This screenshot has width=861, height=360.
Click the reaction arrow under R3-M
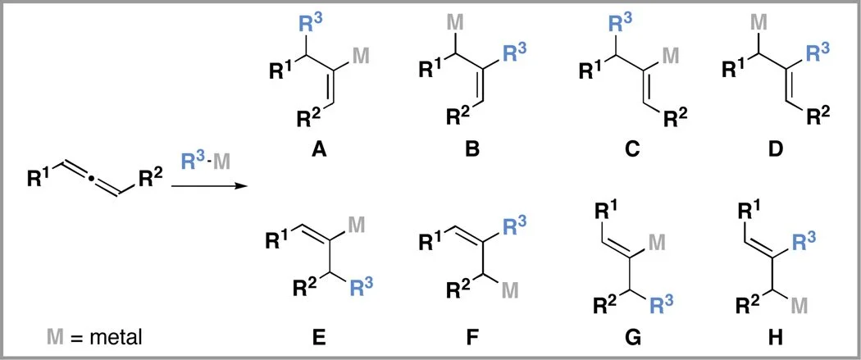click(x=208, y=187)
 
